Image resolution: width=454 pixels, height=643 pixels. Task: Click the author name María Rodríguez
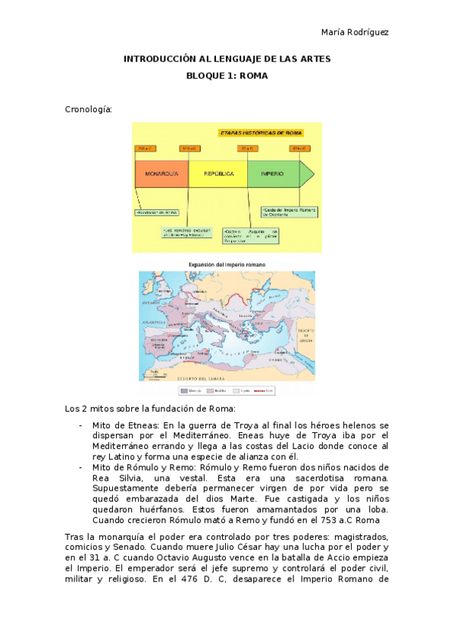click(355, 31)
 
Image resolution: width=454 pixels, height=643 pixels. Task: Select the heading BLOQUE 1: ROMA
click(227, 76)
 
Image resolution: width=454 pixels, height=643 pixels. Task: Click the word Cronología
click(89, 109)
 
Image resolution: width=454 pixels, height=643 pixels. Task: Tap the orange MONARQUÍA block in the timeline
click(161, 174)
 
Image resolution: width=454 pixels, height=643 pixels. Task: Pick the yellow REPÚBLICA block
click(218, 174)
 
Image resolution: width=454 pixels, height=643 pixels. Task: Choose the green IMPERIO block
click(272, 174)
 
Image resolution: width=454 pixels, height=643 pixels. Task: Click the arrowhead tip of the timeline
click(312, 174)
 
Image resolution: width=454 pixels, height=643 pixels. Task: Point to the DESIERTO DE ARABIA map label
click(305, 334)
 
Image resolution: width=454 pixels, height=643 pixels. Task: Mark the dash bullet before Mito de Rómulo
click(80, 467)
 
